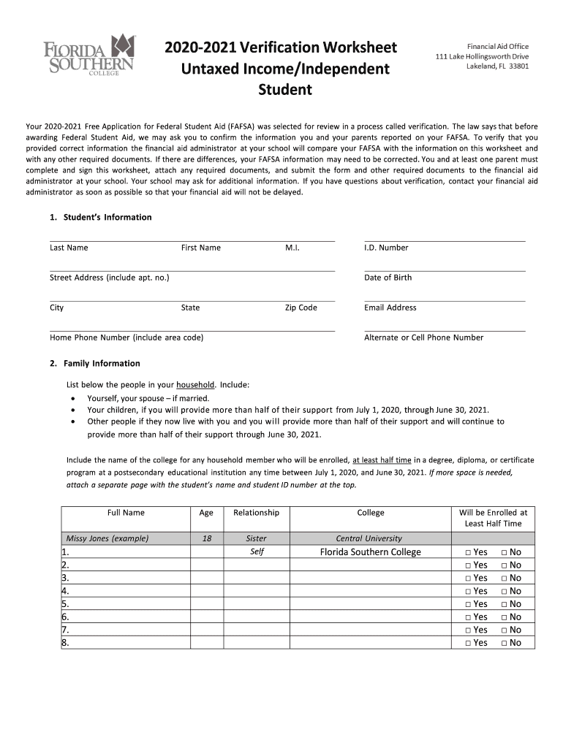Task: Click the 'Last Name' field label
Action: pyautogui.click(x=69, y=248)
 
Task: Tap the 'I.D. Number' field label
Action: pyautogui.click(x=386, y=248)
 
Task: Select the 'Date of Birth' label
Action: pyautogui.click(x=388, y=278)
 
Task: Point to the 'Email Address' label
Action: pyautogui.click(x=390, y=308)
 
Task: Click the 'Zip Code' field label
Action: pyautogui.click(x=301, y=308)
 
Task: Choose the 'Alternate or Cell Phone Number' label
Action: pyautogui.click(x=423, y=337)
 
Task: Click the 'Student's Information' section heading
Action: pyautogui.click(x=107, y=217)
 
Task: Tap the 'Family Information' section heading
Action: pyautogui.click(x=102, y=363)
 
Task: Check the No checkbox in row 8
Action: pyautogui.click(x=504, y=643)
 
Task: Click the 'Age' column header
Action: pyautogui.click(x=206, y=513)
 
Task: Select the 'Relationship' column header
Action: pyautogui.click(x=256, y=513)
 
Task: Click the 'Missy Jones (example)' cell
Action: pyautogui.click(x=107, y=538)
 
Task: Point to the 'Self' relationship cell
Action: pyautogui.click(x=257, y=552)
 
